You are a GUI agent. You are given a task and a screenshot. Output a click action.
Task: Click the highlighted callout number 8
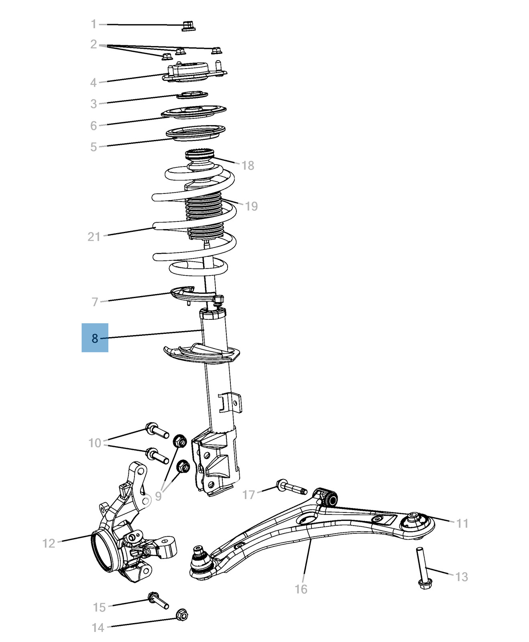pos(95,338)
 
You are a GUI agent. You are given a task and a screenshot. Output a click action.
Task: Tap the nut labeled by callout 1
pos(188,26)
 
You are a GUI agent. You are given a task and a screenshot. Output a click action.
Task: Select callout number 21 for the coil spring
pos(94,237)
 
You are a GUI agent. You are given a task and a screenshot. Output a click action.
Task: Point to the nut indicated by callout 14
pos(182,614)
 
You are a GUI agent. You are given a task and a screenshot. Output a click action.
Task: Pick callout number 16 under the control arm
pos(301,589)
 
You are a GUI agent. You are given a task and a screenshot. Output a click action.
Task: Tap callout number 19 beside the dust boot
pos(251,206)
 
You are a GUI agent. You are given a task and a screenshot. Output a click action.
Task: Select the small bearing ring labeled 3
pos(193,95)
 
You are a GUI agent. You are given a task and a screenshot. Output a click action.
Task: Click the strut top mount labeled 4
pos(194,72)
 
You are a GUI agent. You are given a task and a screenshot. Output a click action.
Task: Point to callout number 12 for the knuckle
pos(49,543)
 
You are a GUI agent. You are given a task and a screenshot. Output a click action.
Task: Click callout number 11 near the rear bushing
pos(462,523)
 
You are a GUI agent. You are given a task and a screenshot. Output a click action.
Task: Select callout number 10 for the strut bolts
pos(95,443)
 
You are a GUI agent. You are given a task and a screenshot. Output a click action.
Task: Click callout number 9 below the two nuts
pos(158,496)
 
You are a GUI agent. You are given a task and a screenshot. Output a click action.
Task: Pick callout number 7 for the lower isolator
pos(95,302)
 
